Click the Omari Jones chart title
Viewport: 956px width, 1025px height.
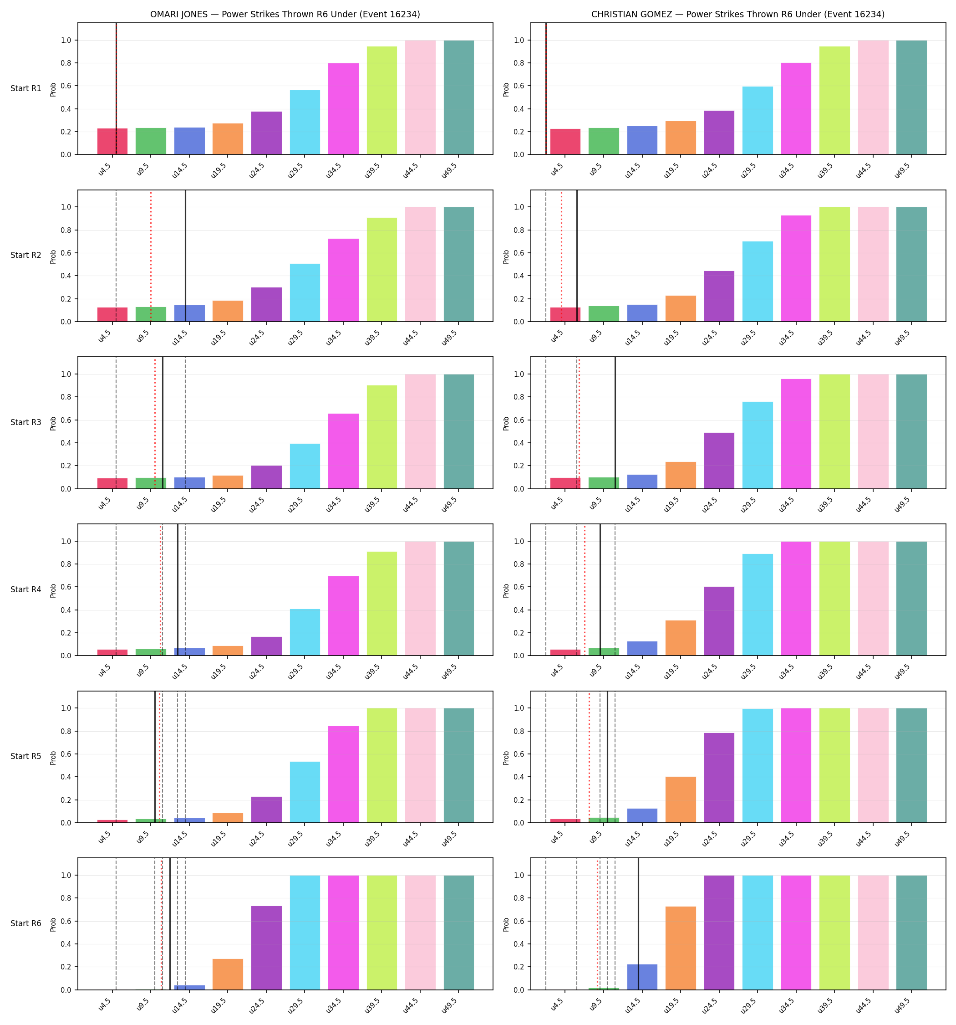coord(285,15)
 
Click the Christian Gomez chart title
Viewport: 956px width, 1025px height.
coord(737,15)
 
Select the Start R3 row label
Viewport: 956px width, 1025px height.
coord(26,422)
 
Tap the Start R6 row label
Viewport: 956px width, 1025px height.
coord(26,923)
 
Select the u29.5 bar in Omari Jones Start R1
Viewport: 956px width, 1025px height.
coord(305,122)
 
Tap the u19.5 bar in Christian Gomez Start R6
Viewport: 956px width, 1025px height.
coord(680,948)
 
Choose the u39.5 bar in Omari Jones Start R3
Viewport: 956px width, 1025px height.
coord(382,437)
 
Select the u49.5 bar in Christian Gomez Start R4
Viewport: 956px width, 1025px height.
coord(911,599)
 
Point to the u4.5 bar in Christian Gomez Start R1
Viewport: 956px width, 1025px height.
coord(565,142)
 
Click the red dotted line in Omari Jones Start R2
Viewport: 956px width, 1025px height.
coord(151,256)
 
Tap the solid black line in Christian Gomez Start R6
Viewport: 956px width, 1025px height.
coord(639,924)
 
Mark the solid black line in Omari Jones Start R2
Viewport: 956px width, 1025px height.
coord(186,256)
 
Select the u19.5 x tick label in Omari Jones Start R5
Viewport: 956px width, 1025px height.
coord(219,837)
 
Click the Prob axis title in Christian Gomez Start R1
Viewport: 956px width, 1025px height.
coord(506,89)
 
